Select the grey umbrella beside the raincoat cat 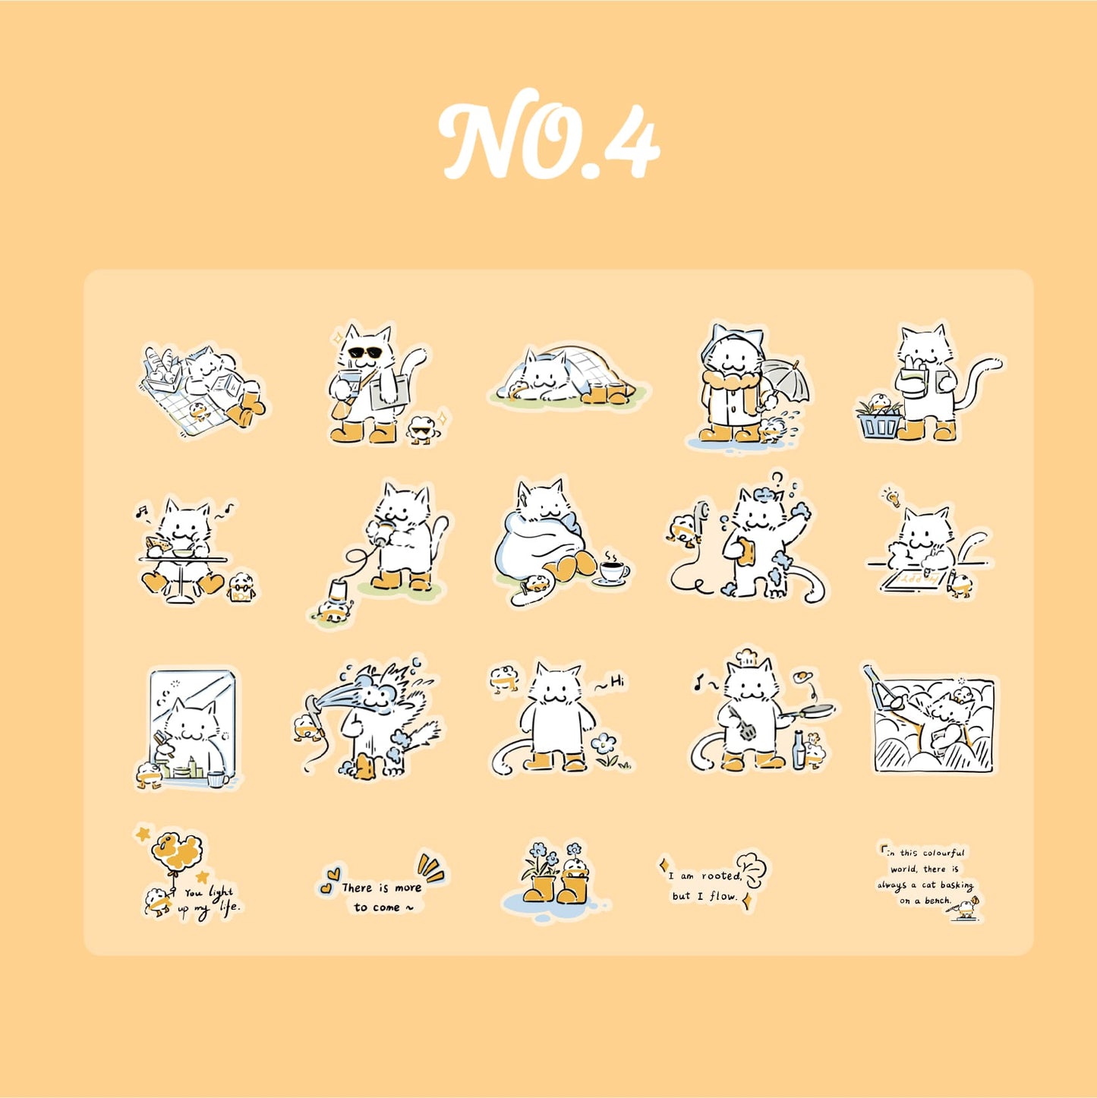(786, 383)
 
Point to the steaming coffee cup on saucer (612, 571)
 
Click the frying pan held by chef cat (813, 711)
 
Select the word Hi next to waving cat (616, 683)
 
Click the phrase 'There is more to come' (381, 897)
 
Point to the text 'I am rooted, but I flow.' (705, 885)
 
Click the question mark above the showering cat (777, 478)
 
